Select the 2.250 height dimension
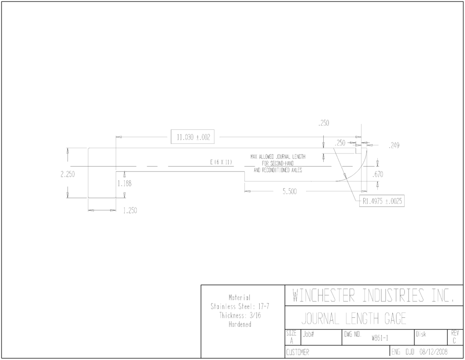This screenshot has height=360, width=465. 68,174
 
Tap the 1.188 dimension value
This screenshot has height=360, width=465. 124,183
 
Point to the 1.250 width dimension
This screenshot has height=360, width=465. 130,211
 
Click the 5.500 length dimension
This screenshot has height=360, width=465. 289,192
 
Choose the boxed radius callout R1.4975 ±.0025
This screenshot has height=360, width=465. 381,202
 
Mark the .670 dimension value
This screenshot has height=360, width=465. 378,175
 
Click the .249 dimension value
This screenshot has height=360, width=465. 394,146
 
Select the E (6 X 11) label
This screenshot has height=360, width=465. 221,162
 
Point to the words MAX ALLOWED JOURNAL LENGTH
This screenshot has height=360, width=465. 278,157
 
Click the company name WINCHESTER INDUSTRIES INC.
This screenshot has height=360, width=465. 373,296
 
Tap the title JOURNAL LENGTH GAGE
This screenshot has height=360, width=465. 353,319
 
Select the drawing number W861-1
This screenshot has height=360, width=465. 380,338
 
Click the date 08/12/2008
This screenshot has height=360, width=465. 433,352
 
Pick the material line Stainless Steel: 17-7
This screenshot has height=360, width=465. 240,306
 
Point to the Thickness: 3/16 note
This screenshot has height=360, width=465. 240,315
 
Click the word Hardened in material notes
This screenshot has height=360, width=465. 240,325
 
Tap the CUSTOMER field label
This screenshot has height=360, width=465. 297,352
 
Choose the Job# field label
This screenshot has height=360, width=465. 308,334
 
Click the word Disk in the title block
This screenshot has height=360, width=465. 421,334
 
